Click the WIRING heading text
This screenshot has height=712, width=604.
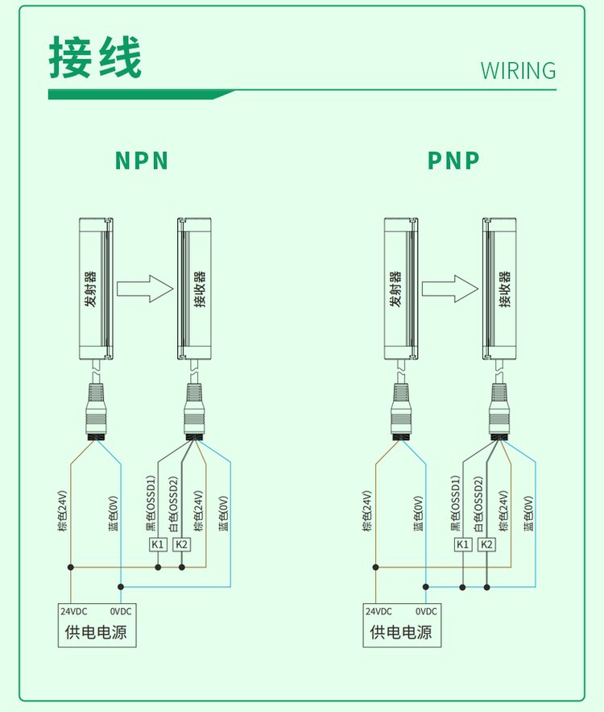pyautogui.click(x=519, y=70)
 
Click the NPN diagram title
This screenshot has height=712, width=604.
pyautogui.click(x=142, y=160)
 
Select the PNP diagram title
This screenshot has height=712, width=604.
pyautogui.click(x=453, y=160)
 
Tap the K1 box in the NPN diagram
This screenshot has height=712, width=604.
pyautogui.click(x=159, y=544)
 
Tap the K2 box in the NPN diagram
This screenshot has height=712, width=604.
pyautogui.click(x=182, y=544)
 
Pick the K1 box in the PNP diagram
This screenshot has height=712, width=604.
pyautogui.click(x=463, y=544)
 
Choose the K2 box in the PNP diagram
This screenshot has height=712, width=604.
pyautogui.click(x=486, y=544)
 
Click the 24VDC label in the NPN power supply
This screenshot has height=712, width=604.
pyautogui.click(x=74, y=612)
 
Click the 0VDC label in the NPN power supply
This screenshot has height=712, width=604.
pyautogui.click(x=121, y=612)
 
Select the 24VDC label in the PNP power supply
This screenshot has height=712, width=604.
pyautogui.click(x=379, y=612)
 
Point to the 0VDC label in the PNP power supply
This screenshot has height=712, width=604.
pyautogui.click(x=426, y=612)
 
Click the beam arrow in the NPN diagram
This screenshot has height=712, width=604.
pyautogui.click(x=145, y=289)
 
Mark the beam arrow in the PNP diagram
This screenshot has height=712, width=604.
pyautogui.click(x=450, y=289)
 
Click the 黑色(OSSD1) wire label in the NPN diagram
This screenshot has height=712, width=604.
pyautogui.click(x=151, y=504)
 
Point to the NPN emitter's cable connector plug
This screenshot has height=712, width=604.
pyautogui.click(x=96, y=412)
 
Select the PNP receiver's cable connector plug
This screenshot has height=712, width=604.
pyautogui.click(x=499, y=412)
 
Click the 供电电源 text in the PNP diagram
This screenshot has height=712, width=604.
pyautogui.click(x=401, y=631)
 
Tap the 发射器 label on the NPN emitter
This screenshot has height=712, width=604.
pyautogui.click(x=91, y=289)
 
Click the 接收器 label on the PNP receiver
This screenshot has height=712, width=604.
pyautogui.click(x=505, y=289)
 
